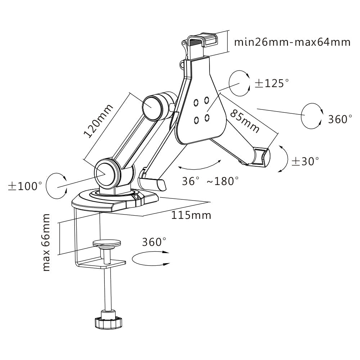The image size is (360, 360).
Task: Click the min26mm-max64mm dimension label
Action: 292,42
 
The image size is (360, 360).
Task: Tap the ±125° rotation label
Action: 271,83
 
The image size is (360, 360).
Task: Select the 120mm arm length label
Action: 98,121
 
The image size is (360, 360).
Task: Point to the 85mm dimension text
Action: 245,121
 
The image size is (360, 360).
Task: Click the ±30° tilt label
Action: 305,161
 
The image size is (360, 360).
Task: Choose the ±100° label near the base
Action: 25,186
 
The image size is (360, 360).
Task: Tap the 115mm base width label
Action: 191,215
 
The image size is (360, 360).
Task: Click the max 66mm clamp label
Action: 46,242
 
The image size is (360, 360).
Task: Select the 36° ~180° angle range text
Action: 210,181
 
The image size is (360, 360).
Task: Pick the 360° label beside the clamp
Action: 154,242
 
